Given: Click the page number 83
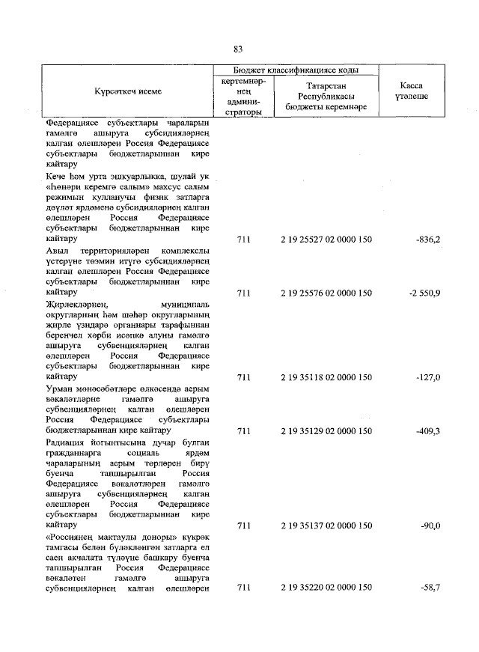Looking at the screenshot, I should pyautogui.click(x=238, y=49).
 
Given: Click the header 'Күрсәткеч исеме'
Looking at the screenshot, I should pyautogui.click(x=128, y=91).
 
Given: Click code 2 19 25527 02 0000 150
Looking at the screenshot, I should pyautogui.click(x=326, y=239).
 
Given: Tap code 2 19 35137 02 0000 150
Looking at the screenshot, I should pyautogui.click(x=326, y=526).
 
